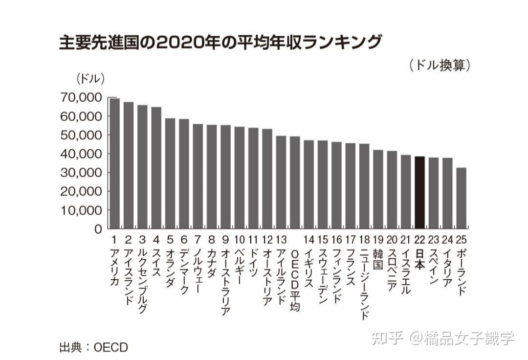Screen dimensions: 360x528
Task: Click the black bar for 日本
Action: (x=419, y=192)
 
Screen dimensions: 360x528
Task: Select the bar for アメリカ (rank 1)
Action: (x=114, y=163)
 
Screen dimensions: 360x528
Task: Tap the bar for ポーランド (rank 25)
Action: (x=461, y=198)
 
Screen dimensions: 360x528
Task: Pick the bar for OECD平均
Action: (x=295, y=182)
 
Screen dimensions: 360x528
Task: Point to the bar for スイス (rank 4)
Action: (x=156, y=168)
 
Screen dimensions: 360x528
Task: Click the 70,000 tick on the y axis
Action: (x=81, y=98)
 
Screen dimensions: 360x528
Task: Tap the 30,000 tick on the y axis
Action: (x=81, y=173)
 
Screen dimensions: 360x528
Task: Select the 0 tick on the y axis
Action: (x=98, y=229)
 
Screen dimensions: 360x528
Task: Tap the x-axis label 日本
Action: (x=419, y=259)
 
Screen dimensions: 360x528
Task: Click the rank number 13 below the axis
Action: (x=281, y=240)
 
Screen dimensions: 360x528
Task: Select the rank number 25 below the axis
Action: (x=461, y=240)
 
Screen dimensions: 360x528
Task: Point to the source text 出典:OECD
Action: (x=93, y=348)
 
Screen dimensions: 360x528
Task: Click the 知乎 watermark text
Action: (x=386, y=338)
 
